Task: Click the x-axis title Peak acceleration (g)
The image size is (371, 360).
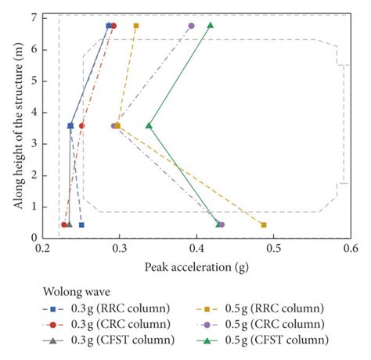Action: pyautogui.click(x=196, y=266)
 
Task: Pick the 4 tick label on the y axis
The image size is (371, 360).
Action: pyautogui.click(x=34, y=112)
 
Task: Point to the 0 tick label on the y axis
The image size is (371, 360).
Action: pyautogui.click(x=34, y=238)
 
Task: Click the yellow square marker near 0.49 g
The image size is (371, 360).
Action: pyautogui.click(x=264, y=225)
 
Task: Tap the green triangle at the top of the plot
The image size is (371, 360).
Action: pyautogui.click(x=210, y=25)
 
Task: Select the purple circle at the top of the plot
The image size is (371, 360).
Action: pyautogui.click(x=191, y=26)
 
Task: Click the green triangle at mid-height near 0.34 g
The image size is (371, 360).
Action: pyautogui.click(x=149, y=125)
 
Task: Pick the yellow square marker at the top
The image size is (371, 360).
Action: pyautogui.click(x=136, y=26)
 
